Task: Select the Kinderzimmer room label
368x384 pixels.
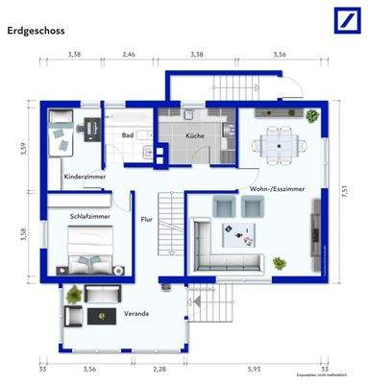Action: tap(85, 177)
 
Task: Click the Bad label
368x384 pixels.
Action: tap(127, 136)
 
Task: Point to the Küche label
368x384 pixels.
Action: tap(195, 136)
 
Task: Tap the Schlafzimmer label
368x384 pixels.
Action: tap(89, 218)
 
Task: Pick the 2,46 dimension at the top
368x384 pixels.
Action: tap(129, 56)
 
